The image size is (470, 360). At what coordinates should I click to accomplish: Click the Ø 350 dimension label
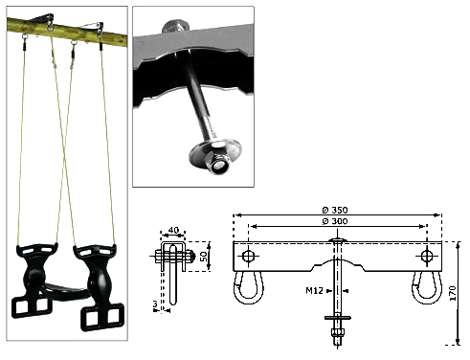[335, 210]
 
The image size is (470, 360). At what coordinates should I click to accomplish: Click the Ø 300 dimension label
[335, 221]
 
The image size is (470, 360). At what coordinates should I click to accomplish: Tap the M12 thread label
[314, 290]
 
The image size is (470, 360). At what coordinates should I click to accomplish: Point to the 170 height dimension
[452, 293]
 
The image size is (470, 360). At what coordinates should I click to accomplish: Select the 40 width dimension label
[173, 230]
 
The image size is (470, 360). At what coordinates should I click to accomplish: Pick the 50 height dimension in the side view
[203, 257]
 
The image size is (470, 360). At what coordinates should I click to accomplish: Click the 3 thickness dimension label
[155, 304]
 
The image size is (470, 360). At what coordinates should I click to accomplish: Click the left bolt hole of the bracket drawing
[248, 256]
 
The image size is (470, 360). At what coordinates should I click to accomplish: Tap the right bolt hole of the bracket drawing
[427, 256]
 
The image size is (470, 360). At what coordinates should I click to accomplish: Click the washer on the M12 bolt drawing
[338, 318]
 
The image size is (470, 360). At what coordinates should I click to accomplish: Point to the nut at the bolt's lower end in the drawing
[338, 333]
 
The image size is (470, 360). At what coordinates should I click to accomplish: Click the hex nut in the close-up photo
[218, 158]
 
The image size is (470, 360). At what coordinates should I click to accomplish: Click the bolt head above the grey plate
[175, 27]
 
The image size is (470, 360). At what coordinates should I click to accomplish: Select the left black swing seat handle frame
[32, 281]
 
